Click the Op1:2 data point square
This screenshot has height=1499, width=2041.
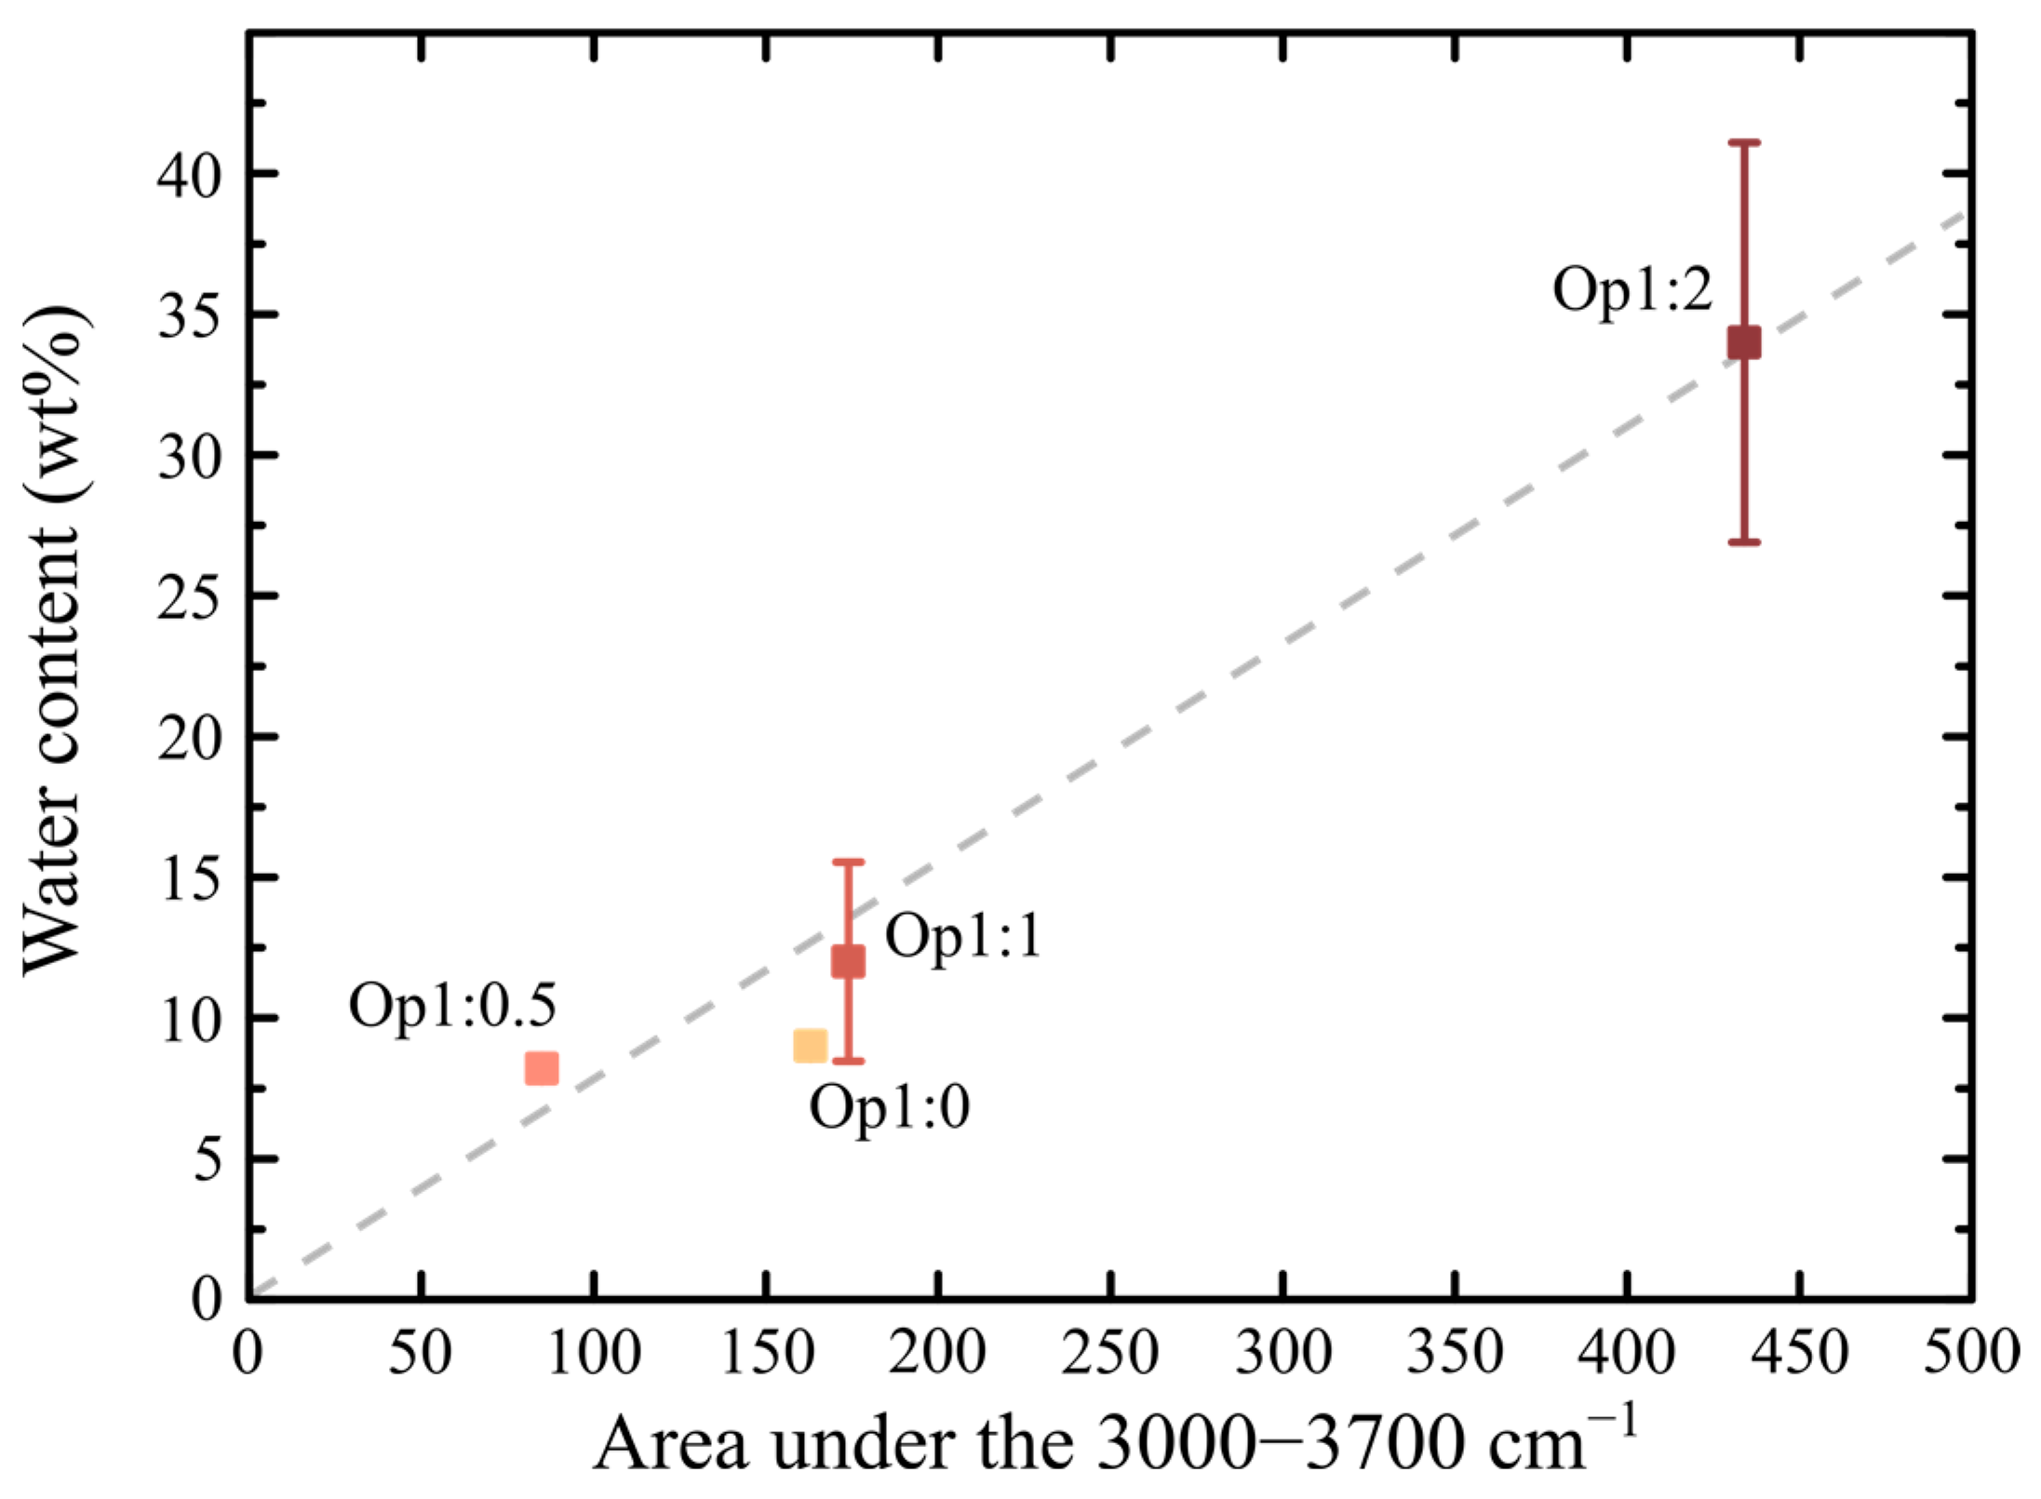click(x=1744, y=341)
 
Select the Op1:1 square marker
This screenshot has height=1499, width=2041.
click(x=848, y=960)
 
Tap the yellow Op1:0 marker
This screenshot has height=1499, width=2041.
click(x=811, y=1045)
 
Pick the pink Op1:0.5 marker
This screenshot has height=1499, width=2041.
click(x=542, y=1068)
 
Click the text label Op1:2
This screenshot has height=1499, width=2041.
click(x=1631, y=289)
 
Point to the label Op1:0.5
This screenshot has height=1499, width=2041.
click(x=452, y=1005)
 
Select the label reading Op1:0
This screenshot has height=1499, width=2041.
click(x=889, y=1107)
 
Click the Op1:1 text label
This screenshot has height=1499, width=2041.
click(x=963, y=935)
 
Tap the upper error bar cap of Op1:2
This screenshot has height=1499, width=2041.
click(x=1744, y=142)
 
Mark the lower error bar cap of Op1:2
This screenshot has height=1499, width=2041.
click(x=1744, y=542)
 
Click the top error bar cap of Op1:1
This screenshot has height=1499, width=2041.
click(x=848, y=863)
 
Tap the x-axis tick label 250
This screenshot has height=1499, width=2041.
click(x=1110, y=1352)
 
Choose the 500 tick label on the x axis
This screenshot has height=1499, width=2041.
click(x=1971, y=1352)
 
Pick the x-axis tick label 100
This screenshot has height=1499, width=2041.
click(x=593, y=1352)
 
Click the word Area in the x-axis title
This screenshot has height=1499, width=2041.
click(x=672, y=1443)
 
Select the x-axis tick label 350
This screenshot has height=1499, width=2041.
click(x=1455, y=1352)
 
